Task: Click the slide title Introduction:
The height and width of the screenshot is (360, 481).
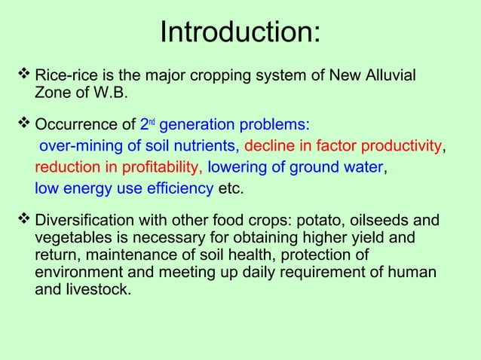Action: point(240,33)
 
